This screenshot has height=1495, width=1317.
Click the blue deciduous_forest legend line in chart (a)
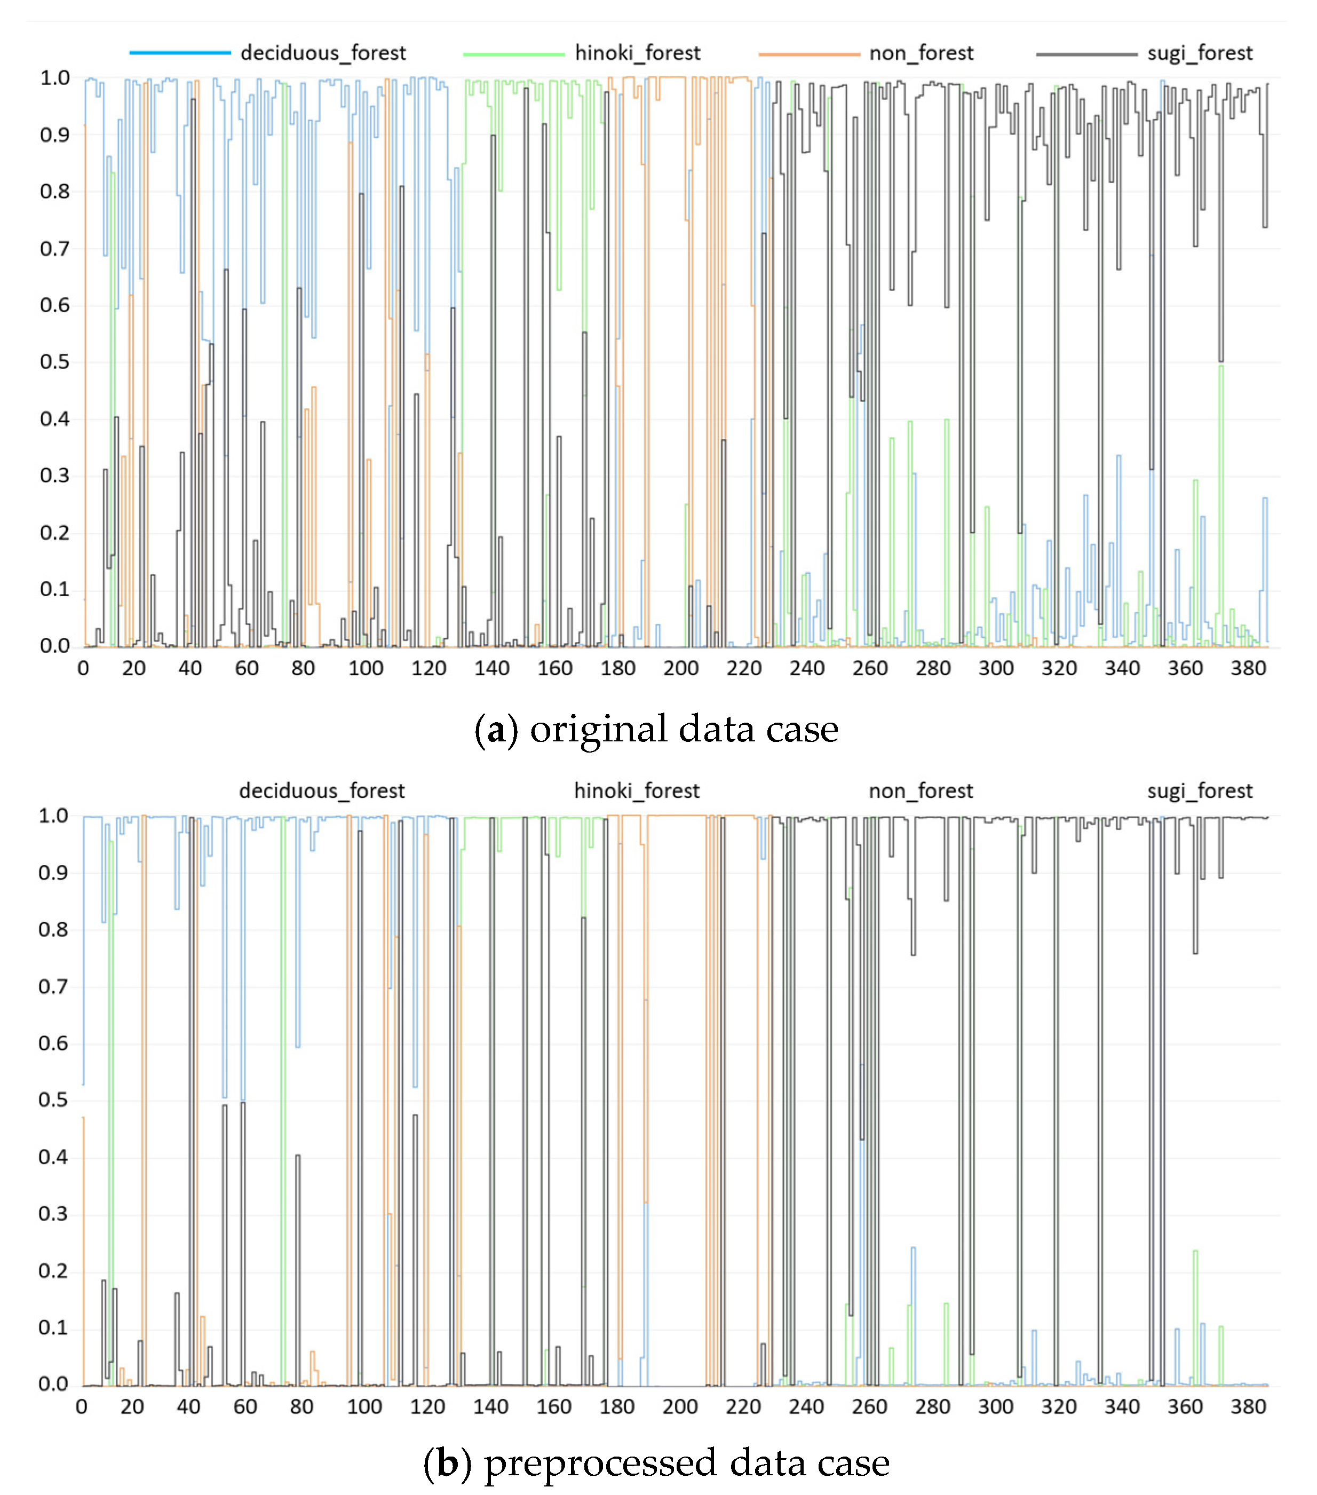click(x=180, y=53)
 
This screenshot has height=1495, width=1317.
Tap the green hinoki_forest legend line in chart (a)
click(x=513, y=53)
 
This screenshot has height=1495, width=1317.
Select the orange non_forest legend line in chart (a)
click(x=809, y=53)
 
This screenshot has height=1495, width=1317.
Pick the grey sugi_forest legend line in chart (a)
click(x=1086, y=53)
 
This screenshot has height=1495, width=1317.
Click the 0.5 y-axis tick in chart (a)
click(x=55, y=362)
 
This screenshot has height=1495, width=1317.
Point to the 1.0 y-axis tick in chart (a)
click(x=55, y=78)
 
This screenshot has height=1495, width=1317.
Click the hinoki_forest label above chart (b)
click(x=636, y=790)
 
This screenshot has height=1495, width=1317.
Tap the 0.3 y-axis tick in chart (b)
click(x=53, y=1214)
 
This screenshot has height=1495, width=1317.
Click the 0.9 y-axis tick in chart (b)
click(x=53, y=873)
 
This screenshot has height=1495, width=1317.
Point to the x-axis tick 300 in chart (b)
click(x=995, y=1406)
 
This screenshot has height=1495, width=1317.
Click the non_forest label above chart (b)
click(x=920, y=790)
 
